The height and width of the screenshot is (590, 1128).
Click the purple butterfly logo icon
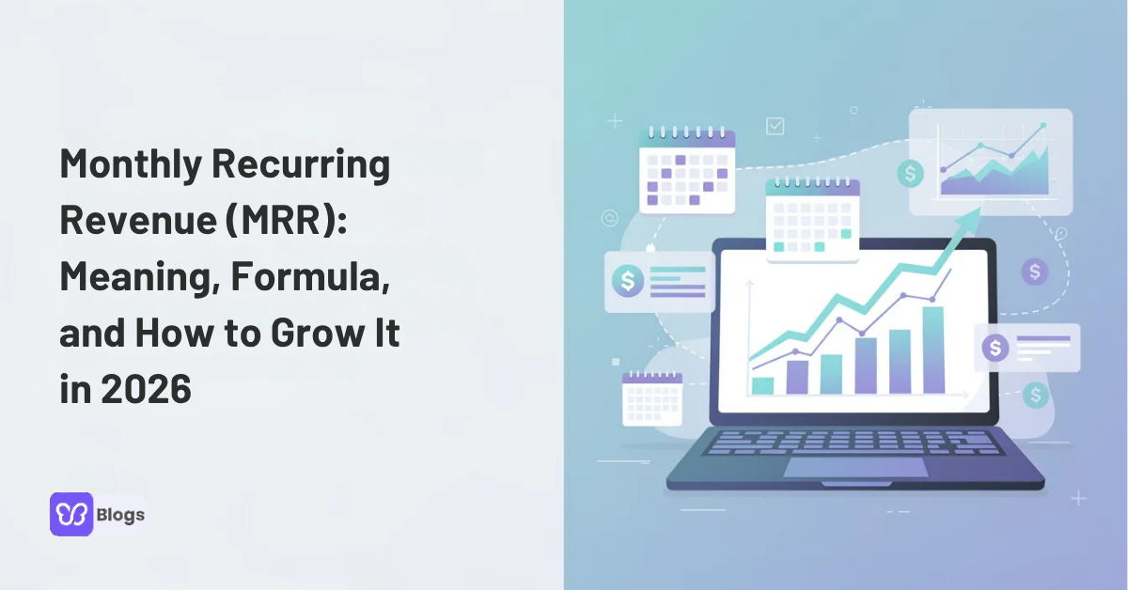point(71,514)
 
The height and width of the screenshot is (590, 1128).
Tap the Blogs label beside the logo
point(120,515)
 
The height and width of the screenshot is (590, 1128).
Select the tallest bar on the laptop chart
point(933,349)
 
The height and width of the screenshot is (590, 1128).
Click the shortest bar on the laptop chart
point(763,385)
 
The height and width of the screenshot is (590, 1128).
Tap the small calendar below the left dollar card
point(651,398)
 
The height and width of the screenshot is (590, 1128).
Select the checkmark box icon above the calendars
point(775,125)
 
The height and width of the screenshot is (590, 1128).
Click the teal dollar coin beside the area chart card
point(909,173)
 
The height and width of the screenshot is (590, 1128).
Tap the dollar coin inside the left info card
point(626,279)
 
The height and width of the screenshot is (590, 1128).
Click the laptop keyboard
point(851,442)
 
